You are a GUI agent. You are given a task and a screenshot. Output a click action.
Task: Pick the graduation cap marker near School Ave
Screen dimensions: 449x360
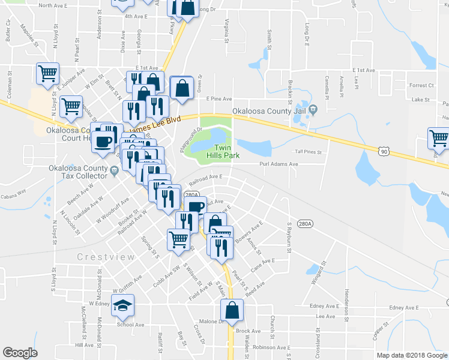pos(123,307)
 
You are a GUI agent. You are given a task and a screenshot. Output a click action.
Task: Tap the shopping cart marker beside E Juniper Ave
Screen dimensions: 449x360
pos(47,73)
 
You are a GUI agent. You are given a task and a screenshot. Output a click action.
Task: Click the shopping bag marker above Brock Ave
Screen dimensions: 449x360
pos(232,311)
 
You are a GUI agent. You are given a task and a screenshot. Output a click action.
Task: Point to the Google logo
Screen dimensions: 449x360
pos(20,353)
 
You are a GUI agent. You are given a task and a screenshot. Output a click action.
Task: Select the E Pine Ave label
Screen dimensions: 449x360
pos(218,98)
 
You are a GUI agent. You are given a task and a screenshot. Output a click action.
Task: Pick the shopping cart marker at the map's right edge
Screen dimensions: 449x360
pos(439,138)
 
